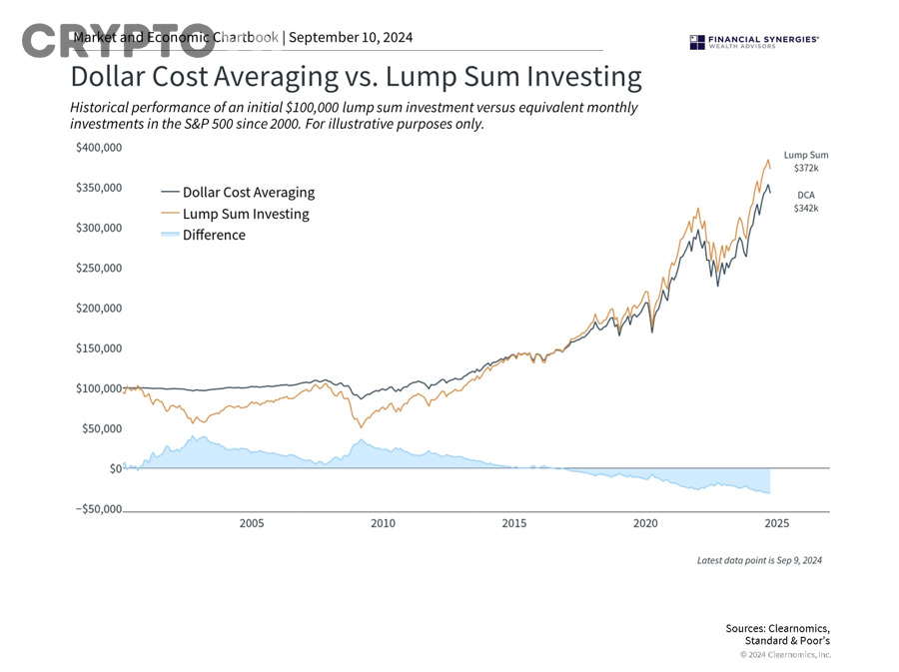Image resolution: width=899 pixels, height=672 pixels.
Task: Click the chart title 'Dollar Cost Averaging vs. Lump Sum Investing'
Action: [356, 77]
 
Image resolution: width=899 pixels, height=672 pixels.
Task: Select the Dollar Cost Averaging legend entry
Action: [238, 192]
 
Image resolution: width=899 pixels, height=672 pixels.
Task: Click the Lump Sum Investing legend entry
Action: [235, 214]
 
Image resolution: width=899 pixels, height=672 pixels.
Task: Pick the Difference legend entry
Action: [203, 235]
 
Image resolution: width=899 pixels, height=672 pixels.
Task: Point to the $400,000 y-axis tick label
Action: [98, 148]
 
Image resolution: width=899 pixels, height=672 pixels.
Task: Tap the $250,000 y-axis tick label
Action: [98, 268]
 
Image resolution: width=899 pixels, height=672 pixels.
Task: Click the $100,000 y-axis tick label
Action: [98, 387]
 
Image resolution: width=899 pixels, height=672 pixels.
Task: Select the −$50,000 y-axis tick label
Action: [98, 508]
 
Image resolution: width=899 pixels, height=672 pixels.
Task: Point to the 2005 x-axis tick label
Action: [252, 523]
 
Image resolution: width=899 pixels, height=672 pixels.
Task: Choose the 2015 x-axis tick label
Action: [514, 523]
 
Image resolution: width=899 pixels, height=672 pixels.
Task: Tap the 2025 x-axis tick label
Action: [777, 523]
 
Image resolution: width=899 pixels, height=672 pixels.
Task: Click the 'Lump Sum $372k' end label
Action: [805, 162]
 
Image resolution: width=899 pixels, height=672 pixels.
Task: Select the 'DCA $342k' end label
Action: [805, 202]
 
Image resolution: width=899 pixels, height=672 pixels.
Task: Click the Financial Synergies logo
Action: [754, 41]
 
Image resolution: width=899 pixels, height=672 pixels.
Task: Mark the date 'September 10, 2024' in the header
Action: [351, 38]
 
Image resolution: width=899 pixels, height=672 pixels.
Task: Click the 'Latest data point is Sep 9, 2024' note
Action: [759, 560]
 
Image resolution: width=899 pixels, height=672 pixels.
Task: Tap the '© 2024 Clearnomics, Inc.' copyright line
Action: [785, 655]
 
